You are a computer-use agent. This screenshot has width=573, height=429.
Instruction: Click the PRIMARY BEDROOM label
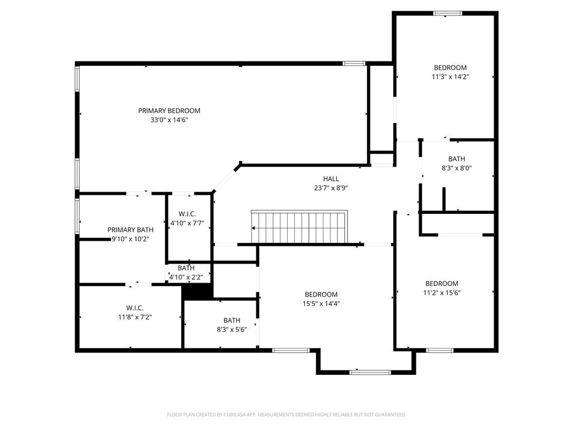pos(169,111)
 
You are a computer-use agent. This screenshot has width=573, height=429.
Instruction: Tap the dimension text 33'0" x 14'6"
pos(169,120)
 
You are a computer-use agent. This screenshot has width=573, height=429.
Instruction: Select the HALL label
pos(331,179)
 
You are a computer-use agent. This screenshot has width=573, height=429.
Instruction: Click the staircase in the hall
pos(299,227)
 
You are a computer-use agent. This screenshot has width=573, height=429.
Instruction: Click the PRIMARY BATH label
pos(130,230)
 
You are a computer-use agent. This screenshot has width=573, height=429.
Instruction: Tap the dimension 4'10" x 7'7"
pos(187,223)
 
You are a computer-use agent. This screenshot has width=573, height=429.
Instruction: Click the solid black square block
pos(197,292)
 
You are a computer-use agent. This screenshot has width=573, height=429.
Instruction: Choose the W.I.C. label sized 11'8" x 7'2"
pos(135,308)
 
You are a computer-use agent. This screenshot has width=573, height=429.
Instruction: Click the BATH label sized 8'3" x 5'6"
pos(232,320)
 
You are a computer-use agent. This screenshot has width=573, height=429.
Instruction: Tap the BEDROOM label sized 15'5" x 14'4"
pos(321,294)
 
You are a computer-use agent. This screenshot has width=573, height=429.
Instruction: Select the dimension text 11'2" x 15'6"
pos(442,292)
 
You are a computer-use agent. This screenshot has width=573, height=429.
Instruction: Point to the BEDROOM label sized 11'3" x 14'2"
pos(450,68)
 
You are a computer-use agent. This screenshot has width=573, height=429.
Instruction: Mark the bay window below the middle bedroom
pos(370,371)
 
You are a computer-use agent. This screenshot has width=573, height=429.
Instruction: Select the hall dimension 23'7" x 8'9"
pos(331,188)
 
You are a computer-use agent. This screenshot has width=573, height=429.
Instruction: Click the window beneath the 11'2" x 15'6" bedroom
pos(439,350)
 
